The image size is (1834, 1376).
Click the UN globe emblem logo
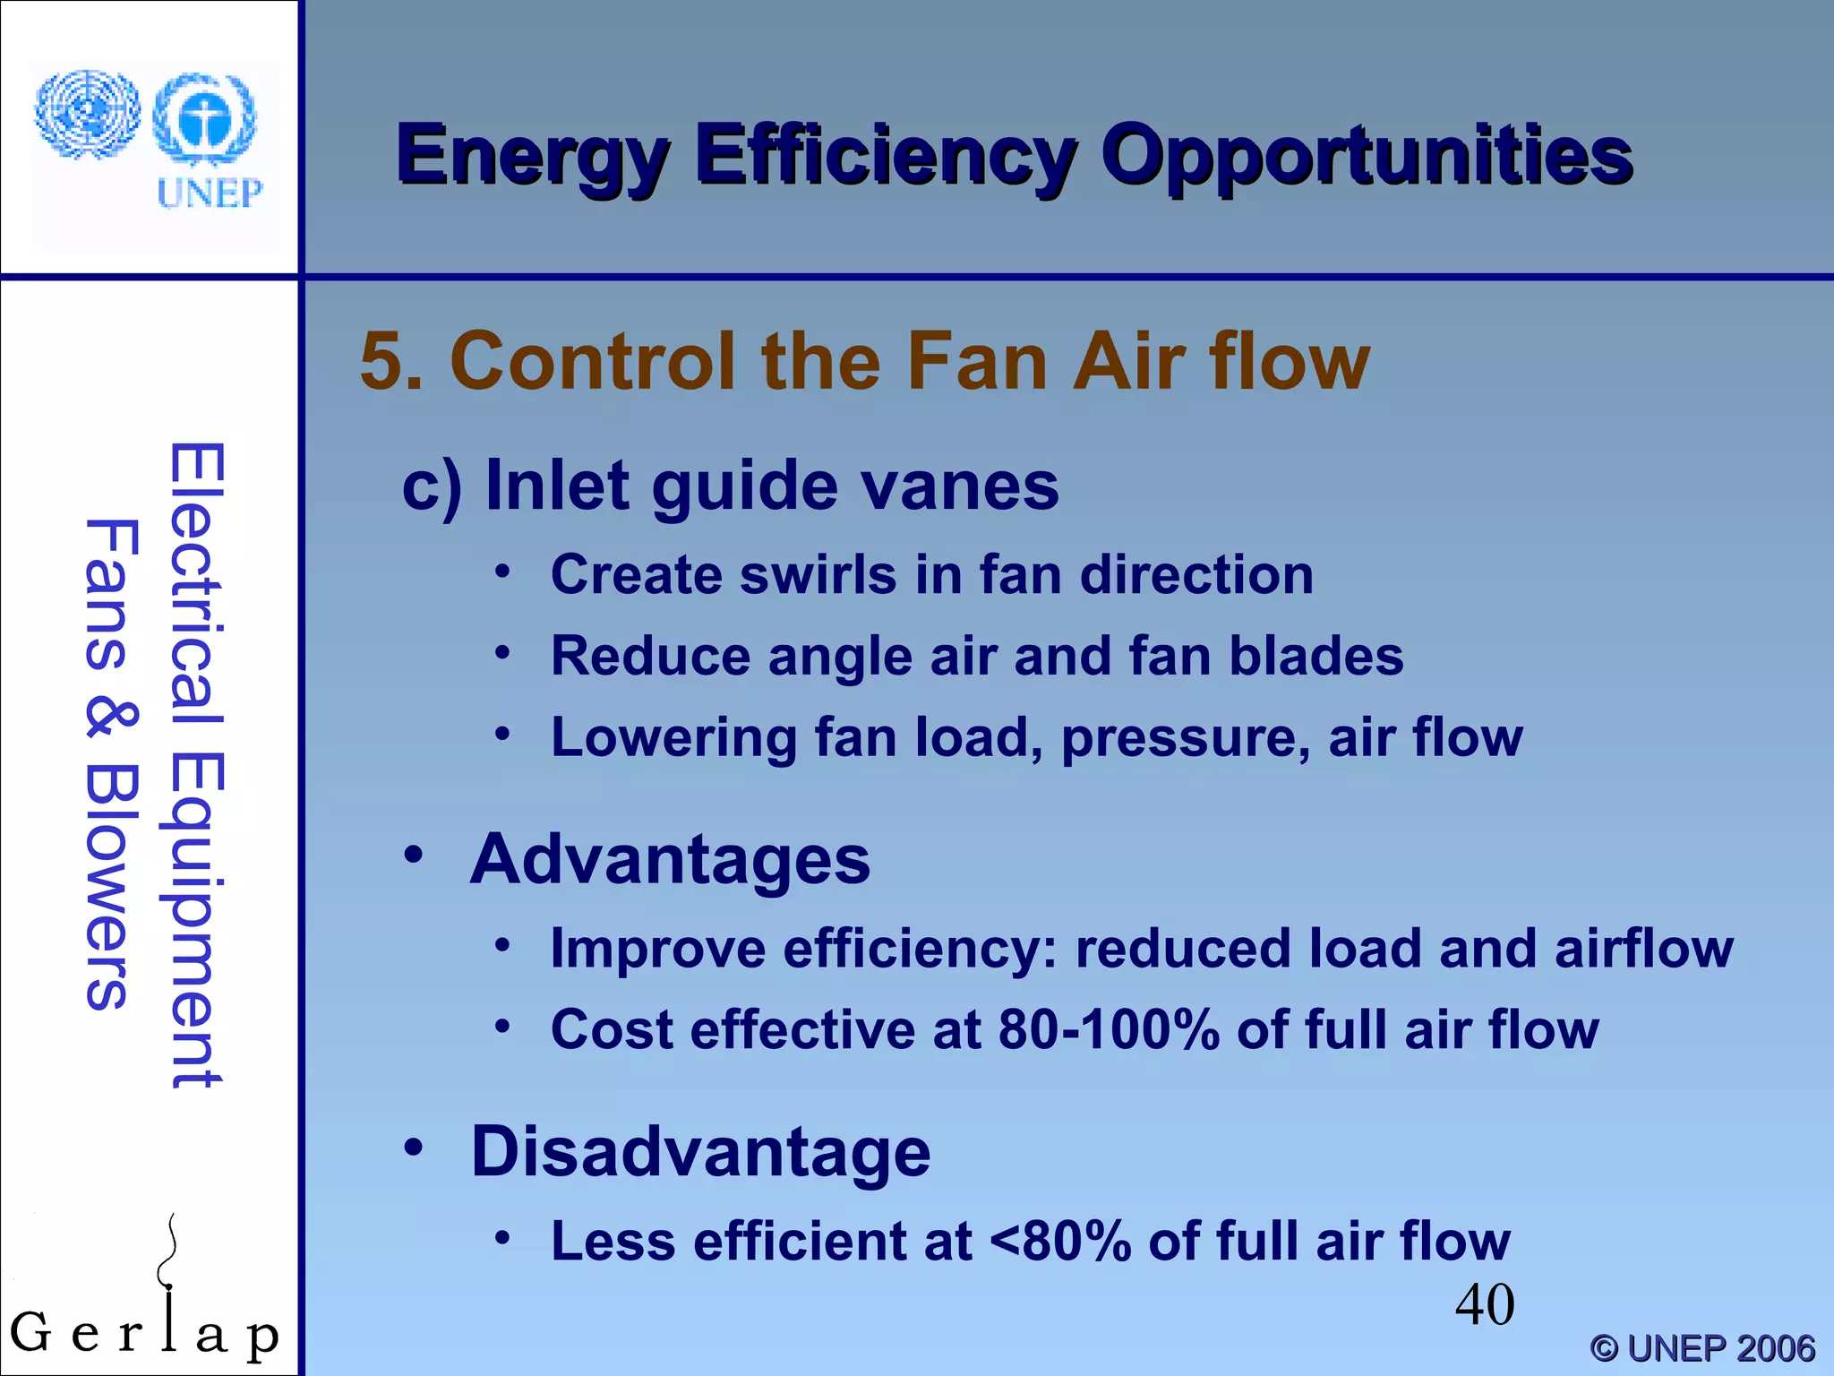(x=87, y=115)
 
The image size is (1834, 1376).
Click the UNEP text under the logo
(x=210, y=193)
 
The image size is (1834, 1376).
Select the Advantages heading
(x=670, y=859)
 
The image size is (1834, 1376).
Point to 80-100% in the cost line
(x=1108, y=1029)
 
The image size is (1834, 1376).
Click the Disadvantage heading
(x=700, y=1151)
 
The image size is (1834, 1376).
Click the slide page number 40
(x=1484, y=1304)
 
